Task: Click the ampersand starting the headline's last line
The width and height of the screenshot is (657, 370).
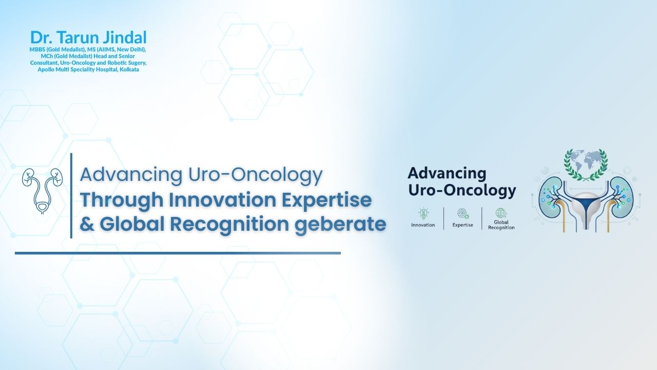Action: tap(87, 225)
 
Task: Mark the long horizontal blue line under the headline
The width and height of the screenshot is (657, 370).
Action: tap(178, 253)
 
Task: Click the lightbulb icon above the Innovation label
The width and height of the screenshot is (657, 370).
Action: tap(423, 214)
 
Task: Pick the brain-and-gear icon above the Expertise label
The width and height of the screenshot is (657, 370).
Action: tap(462, 214)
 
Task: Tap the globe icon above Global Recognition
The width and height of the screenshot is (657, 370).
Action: tap(501, 213)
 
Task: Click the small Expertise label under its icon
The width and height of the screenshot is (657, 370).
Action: tap(463, 225)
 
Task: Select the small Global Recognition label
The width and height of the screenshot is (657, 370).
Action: tap(501, 225)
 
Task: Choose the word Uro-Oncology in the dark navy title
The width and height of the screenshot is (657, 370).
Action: tap(462, 191)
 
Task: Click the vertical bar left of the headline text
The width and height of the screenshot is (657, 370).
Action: tap(71, 196)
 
